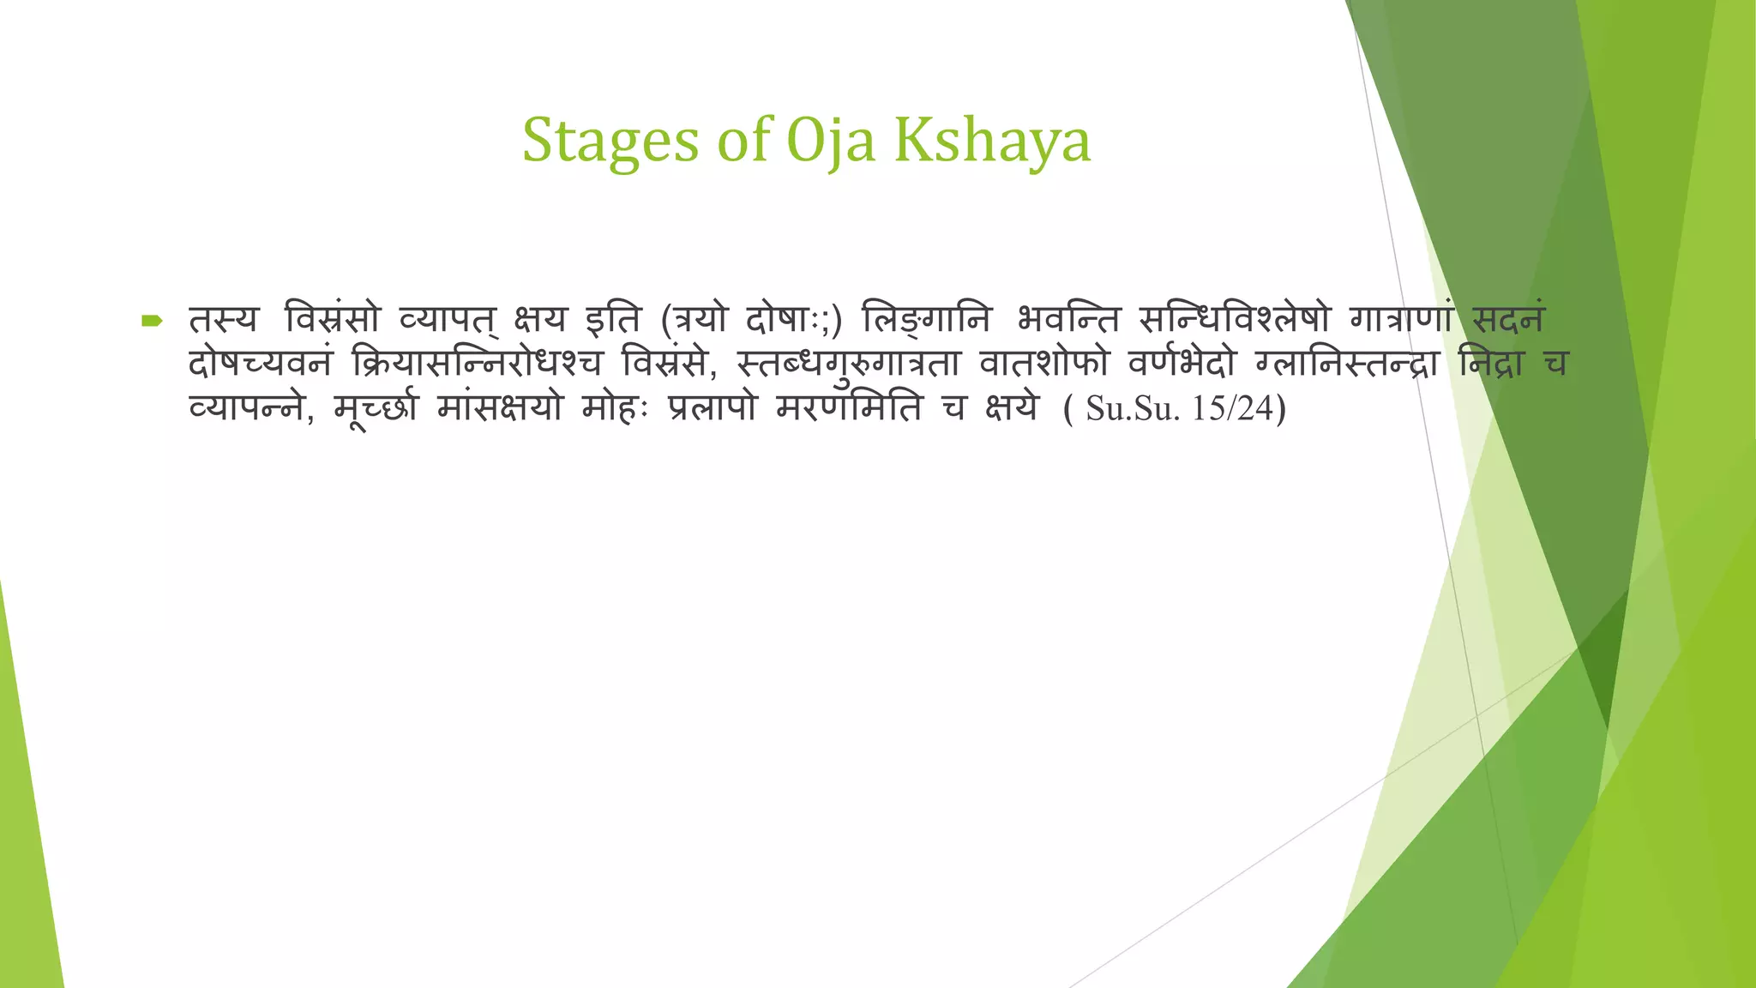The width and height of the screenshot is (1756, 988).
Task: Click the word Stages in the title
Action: tap(610, 141)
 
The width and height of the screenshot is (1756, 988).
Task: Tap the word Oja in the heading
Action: tap(830, 141)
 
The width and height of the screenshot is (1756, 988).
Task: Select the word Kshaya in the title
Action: tap(992, 141)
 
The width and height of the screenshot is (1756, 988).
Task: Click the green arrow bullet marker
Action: tap(152, 322)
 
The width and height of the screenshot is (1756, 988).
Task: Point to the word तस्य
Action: tap(223, 320)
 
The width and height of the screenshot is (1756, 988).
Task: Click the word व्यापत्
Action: tap(448, 320)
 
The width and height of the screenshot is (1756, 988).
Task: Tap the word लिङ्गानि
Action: tap(926, 320)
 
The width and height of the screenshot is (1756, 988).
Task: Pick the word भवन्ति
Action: tap(1068, 320)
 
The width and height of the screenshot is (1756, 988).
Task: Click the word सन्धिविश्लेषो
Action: tap(1235, 320)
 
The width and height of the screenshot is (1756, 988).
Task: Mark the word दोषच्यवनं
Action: tap(260, 364)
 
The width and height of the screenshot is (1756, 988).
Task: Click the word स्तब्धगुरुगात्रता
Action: tap(848, 364)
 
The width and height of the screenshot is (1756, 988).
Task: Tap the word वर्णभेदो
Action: tap(1182, 364)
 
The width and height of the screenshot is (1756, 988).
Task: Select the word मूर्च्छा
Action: tap(376, 408)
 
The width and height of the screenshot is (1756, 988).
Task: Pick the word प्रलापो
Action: tap(713, 408)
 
